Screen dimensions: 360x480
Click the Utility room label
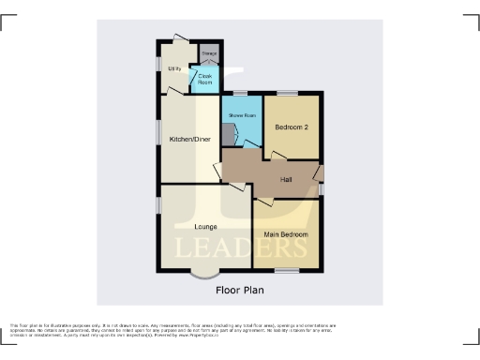click(174, 68)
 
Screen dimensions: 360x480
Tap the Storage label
click(208, 54)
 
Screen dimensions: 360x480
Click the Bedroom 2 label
click(292, 127)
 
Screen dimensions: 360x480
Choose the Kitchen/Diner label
click(189, 140)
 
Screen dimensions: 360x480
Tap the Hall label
click(287, 180)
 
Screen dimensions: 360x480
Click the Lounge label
click(205, 226)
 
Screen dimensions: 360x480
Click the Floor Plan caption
click(240, 291)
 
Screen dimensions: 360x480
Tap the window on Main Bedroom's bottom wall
click(287, 271)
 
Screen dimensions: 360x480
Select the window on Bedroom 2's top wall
click(286, 92)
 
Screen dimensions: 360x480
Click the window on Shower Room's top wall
click(240, 92)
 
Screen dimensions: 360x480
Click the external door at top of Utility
click(178, 38)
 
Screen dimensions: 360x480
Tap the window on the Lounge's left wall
click(157, 204)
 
